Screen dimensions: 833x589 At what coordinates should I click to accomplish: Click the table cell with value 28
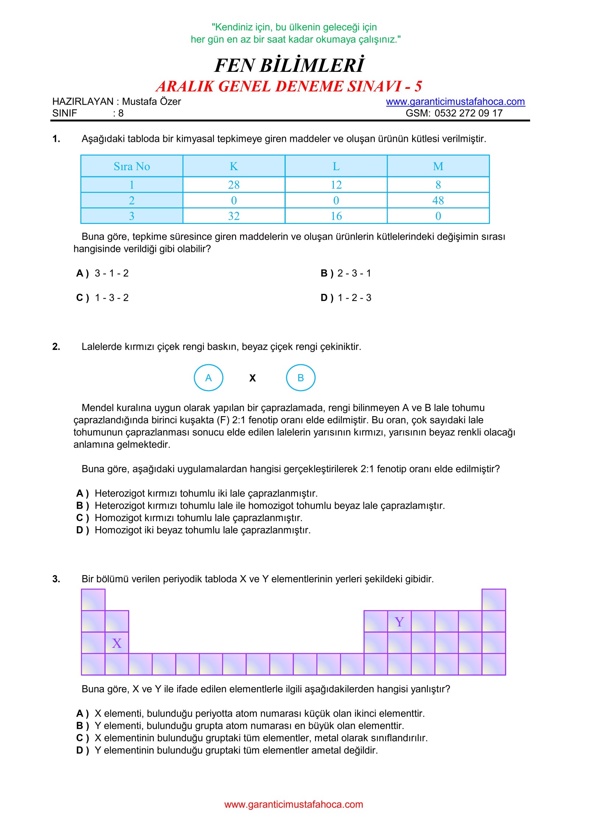tap(234, 184)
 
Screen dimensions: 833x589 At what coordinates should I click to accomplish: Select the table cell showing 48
tap(438, 200)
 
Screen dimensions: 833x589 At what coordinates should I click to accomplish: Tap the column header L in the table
tap(336, 166)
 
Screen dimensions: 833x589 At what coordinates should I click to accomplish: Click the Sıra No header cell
tap(132, 166)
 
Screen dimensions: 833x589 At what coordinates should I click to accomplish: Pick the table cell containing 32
tap(234, 216)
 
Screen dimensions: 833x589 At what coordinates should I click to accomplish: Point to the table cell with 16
tap(336, 216)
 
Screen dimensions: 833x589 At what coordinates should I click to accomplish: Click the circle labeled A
tap(208, 377)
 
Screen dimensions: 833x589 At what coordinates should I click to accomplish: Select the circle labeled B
tap(300, 377)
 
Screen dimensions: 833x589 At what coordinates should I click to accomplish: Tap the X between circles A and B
tap(253, 378)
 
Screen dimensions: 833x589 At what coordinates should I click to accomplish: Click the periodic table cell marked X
tap(117, 643)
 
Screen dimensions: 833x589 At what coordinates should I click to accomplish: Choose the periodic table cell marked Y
tap(399, 622)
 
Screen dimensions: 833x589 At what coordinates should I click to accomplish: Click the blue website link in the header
tap(455, 102)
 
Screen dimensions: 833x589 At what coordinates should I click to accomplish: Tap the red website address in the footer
tap(293, 804)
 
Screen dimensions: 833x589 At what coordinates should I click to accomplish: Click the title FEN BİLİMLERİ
tap(289, 65)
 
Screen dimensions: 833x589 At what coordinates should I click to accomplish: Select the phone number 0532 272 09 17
tap(468, 113)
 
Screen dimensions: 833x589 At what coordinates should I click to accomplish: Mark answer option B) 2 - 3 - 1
tap(346, 273)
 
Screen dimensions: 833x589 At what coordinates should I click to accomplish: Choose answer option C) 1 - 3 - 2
tap(103, 298)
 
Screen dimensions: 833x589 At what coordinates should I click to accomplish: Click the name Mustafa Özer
tap(151, 102)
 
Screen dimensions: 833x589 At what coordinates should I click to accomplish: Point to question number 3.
tap(56, 579)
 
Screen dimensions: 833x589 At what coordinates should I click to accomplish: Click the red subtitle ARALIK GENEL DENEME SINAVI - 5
tap(289, 86)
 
